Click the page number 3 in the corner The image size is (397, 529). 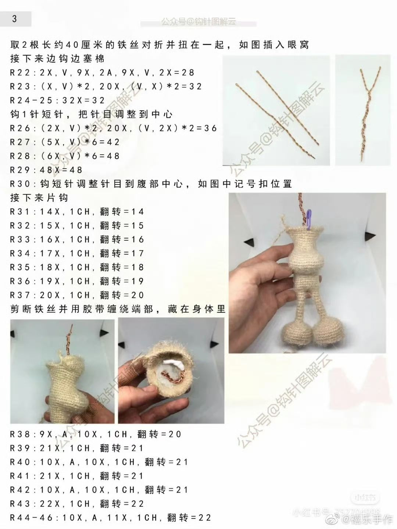tap(14, 19)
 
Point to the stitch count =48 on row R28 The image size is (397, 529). tap(108, 156)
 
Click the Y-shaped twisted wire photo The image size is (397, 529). tap(362, 110)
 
